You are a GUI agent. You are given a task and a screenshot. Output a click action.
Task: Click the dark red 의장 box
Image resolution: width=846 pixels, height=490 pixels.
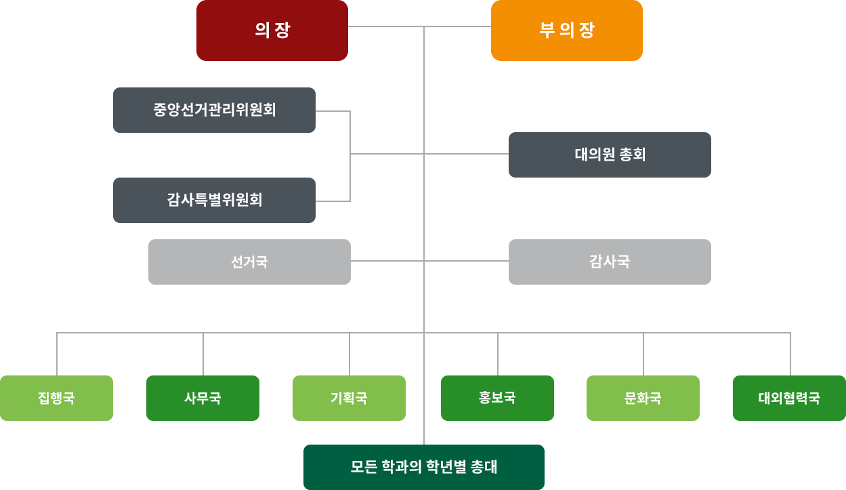pyautogui.click(x=272, y=31)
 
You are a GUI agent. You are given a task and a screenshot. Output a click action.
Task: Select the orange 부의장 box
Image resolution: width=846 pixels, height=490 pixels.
pyautogui.click(x=567, y=31)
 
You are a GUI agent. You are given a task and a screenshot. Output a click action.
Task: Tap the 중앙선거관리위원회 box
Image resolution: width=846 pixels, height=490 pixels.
pyautogui.click(x=214, y=110)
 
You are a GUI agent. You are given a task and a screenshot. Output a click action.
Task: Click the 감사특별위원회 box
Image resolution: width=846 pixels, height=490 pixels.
pyautogui.click(x=214, y=200)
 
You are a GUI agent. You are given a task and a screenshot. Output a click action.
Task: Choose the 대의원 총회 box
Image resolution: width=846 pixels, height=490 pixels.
pyautogui.click(x=610, y=155)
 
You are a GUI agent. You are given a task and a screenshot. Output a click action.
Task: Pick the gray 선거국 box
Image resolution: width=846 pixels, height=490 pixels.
pyautogui.click(x=249, y=262)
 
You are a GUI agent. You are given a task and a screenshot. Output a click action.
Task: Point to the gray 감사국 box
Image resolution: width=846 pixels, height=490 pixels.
pyautogui.click(x=610, y=262)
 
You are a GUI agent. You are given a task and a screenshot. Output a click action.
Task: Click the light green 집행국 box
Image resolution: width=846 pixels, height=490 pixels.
pyautogui.click(x=56, y=398)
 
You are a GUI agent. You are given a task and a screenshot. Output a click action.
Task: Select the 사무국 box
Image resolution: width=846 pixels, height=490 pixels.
pyautogui.click(x=203, y=398)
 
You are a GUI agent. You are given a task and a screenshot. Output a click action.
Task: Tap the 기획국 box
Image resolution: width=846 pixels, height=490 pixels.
pyautogui.click(x=349, y=398)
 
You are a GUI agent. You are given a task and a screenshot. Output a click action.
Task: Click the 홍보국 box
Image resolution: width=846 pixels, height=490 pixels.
pyautogui.click(x=497, y=398)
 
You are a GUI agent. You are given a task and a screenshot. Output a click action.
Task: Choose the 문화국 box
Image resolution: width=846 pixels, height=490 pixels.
pyautogui.click(x=643, y=398)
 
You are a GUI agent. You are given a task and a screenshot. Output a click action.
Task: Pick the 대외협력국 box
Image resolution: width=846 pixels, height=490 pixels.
pyautogui.click(x=789, y=398)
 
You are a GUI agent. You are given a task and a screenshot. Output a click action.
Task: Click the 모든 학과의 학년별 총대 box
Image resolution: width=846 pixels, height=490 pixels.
pyautogui.click(x=423, y=467)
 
